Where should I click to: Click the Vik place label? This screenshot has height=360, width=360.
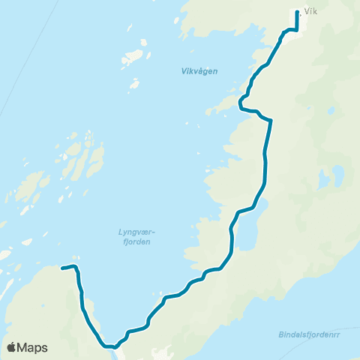(x=311, y=12)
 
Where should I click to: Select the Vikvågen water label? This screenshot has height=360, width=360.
(x=199, y=71)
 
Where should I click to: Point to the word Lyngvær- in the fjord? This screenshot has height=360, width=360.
(x=136, y=232)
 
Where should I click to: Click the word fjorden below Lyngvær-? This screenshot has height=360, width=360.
(x=136, y=241)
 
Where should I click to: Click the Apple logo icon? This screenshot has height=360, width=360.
(x=12, y=347)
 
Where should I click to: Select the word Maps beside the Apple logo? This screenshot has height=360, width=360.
(x=33, y=347)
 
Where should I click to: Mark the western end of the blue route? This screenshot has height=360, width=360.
(x=61, y=268)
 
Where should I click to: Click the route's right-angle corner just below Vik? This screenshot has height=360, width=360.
(x=297, y=29)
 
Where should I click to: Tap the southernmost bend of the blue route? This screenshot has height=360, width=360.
(x=109, y=346)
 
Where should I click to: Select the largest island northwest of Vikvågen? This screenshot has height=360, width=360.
(x=135, y=57)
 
